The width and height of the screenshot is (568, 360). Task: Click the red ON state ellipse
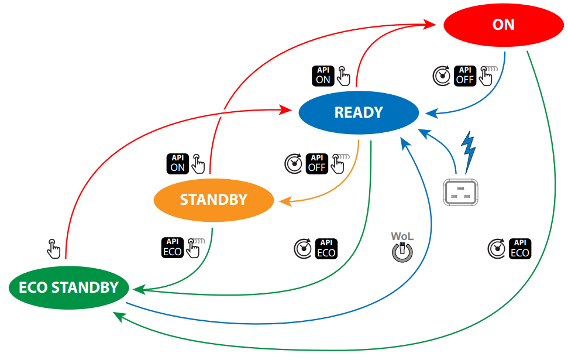tap(503, 25)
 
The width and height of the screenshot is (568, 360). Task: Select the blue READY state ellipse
tap(359, 112)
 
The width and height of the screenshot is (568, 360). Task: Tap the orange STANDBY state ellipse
tap(214, 200)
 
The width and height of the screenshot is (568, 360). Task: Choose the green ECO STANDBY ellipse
tap(69, 287)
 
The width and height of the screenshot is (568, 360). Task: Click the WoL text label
tap(402, 236)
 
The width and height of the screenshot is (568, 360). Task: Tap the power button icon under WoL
tap(402, 251)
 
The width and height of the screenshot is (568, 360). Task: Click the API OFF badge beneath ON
tap(466, 76)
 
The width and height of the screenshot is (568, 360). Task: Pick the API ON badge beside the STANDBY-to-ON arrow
tap(178, 163)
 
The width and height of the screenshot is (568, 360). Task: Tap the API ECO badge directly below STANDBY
tap(172, 248)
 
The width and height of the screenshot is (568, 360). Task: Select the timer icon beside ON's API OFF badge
tap(442, 76)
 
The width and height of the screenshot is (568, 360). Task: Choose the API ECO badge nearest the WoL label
tap(326, 249)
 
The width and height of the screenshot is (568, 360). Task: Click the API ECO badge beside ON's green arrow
tap(519, 249)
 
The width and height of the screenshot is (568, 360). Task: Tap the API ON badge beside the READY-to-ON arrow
tap(323, 76)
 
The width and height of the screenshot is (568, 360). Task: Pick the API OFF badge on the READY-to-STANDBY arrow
tap(317, 163)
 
